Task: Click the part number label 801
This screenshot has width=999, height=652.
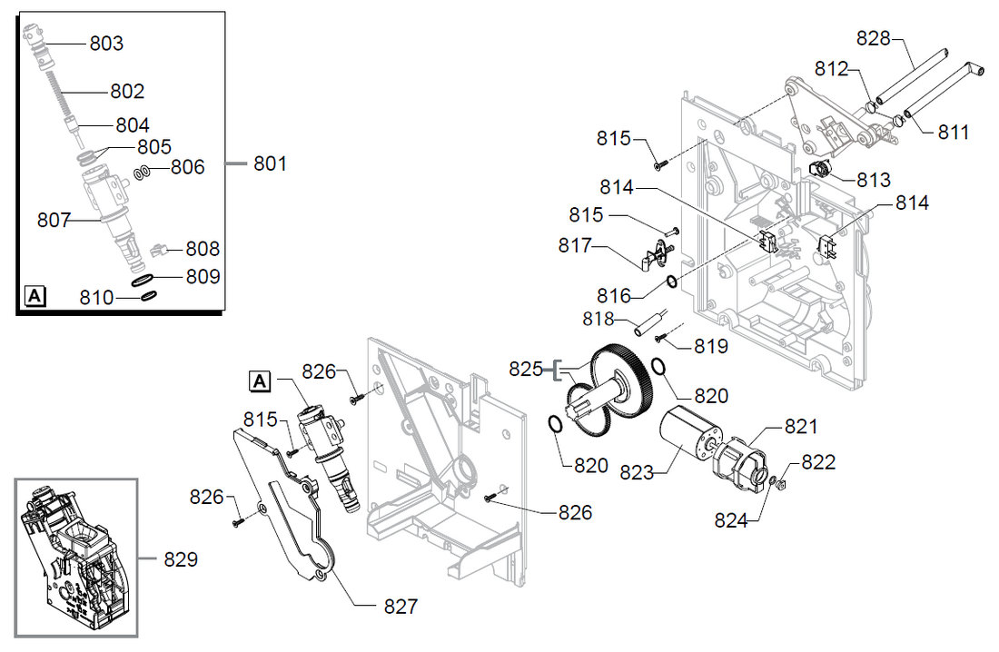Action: (270, 164)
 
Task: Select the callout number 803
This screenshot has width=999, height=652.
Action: (106, 44)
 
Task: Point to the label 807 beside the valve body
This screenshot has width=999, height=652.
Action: (54, 220)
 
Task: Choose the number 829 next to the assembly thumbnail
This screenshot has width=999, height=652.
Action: (181, 560)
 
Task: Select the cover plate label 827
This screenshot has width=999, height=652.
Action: (401, 606)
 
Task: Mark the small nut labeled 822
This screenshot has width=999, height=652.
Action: (783, 484)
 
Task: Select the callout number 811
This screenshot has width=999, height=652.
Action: (954, 133)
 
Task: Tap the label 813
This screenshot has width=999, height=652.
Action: (874, 180)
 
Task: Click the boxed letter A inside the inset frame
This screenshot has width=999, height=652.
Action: (34, 295)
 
